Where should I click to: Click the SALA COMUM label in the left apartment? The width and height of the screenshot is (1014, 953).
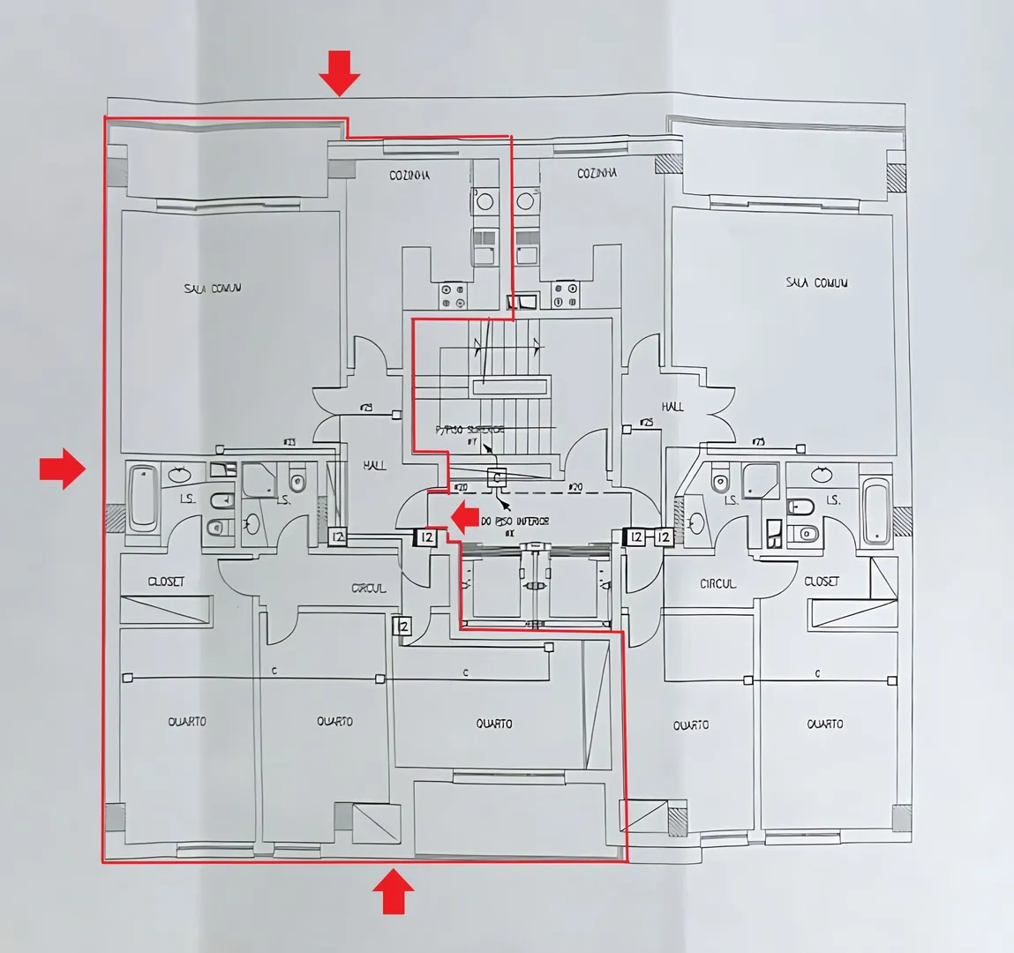tap(213, 289)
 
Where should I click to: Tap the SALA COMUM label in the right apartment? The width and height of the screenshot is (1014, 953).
tap(816, 283)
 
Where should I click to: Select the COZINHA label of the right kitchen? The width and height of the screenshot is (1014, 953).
tap(597, 174)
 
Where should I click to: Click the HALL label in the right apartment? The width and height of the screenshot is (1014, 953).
tap(672, 407)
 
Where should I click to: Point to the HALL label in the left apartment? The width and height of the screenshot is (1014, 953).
tap(374, 465)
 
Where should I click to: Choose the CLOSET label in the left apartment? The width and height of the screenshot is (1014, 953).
tap(166, 582)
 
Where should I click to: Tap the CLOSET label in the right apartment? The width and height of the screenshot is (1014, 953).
tap(822, 582)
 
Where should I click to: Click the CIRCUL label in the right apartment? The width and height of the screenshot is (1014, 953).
tap(717, 584)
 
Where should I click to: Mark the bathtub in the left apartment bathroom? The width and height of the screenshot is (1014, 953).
tap(142, 499)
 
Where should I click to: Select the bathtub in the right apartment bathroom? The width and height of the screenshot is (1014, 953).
tap(876, 510)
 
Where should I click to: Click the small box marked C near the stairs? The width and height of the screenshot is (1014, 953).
tap(497, 478)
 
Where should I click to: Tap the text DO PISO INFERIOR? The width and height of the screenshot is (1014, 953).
tap(515, 522)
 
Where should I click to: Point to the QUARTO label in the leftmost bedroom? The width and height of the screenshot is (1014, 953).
tap(187, 722)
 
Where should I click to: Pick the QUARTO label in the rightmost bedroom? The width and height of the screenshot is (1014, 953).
tap(824, 724)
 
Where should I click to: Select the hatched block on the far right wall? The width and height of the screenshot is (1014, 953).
tap(901, 522)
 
